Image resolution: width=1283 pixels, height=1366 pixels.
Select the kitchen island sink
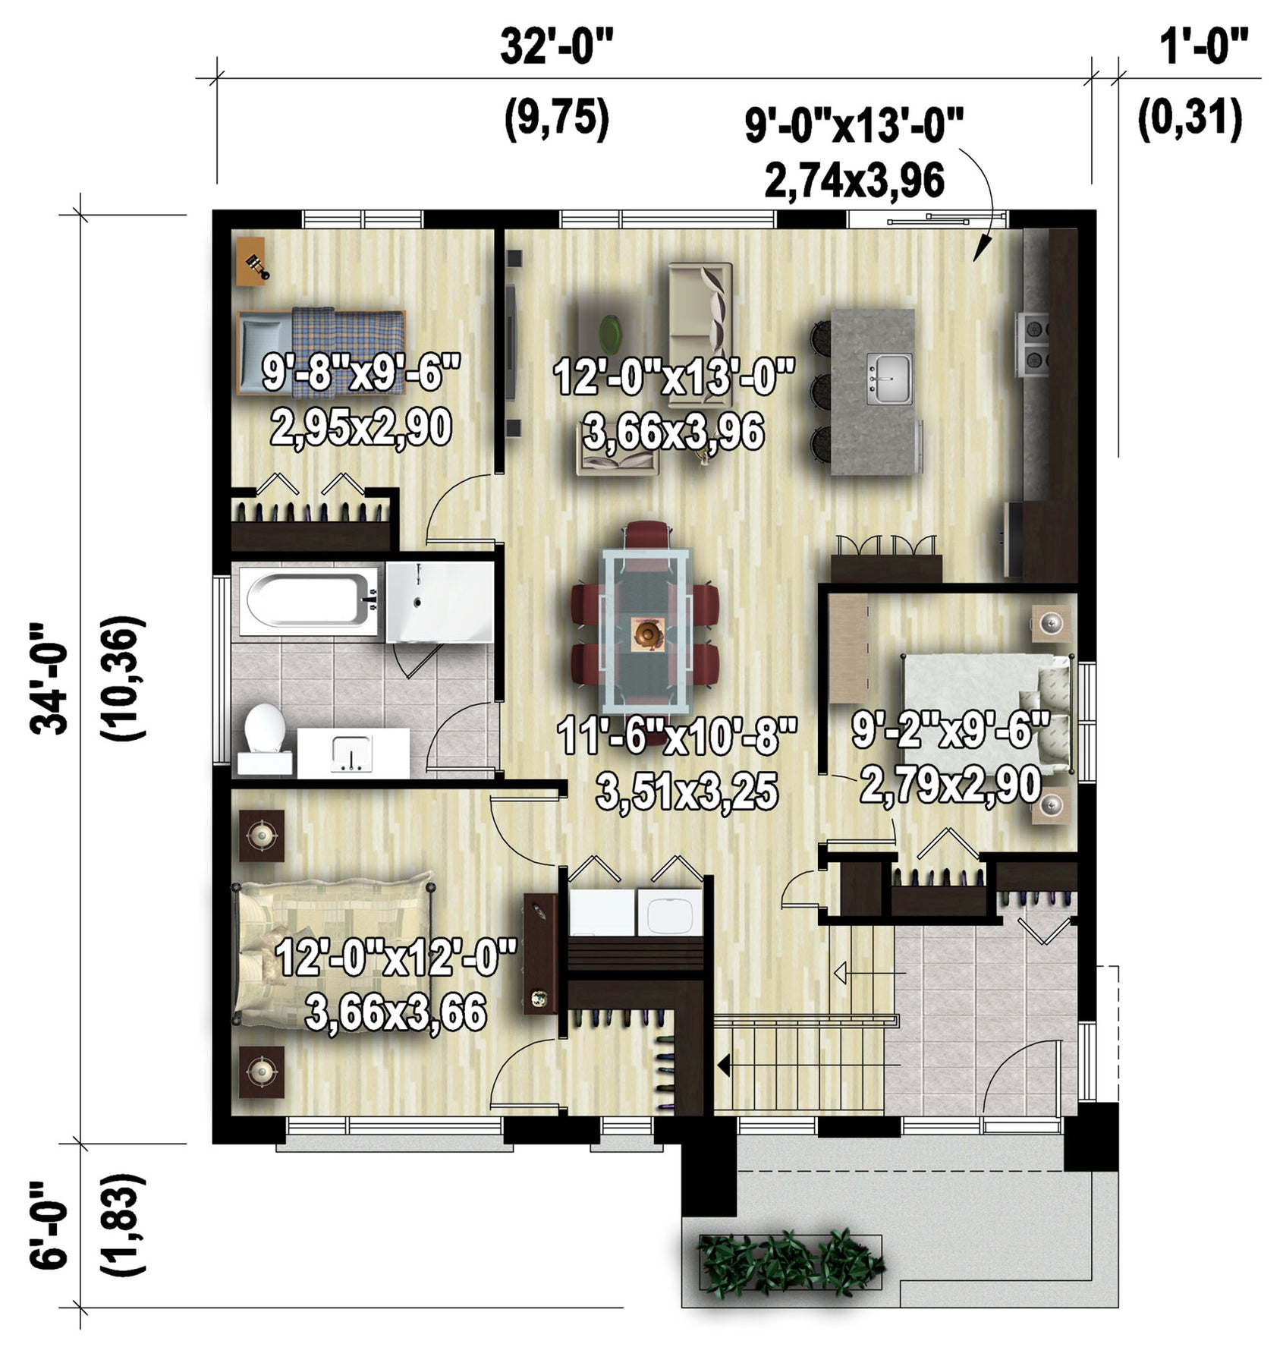(x=889, y=379)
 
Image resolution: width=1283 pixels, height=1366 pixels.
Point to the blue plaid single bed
(x=321, y=351)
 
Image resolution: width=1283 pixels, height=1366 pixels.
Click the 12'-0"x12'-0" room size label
(x=396, y=958)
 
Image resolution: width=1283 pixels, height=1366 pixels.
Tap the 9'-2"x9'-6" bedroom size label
(x=951, y=731)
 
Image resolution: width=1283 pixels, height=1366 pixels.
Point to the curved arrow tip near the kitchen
(x=977, y=257)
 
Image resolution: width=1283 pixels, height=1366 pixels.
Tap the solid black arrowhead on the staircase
(x=723, y=1066)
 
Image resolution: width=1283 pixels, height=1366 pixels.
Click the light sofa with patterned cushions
(x=701, y=304)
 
